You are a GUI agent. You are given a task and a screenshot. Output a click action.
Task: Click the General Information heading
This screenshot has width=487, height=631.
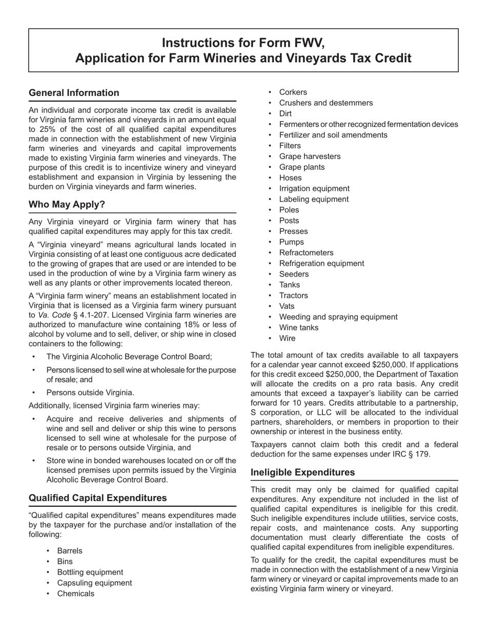click(x=74, y=93)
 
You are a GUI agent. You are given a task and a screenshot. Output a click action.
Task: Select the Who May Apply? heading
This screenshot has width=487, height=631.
click(x=67, y=205)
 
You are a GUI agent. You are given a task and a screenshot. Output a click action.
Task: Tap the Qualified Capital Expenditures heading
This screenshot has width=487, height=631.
click(x=97, y=498)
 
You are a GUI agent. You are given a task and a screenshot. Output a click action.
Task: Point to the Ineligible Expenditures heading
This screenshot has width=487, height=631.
click(x=302, y=472)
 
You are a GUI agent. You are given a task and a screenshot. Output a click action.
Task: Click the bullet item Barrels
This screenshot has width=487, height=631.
click(x=70, y=551)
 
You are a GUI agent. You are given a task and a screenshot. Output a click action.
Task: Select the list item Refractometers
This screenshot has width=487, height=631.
click(x=306, y=253)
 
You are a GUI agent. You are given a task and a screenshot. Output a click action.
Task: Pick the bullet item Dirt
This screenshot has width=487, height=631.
click(x=285, y=114)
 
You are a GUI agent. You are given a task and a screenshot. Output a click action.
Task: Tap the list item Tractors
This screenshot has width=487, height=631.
click(x=293, y=295)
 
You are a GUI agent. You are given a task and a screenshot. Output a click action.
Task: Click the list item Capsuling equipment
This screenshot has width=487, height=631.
click(x=94, y=583)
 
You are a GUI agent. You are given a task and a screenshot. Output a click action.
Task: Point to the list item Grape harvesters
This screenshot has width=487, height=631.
click(x=310, y=156)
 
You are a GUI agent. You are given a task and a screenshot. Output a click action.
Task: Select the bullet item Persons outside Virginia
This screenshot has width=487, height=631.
click(x=90, y=393)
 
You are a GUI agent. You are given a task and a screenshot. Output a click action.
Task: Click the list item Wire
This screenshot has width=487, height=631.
click(x=287, y=339)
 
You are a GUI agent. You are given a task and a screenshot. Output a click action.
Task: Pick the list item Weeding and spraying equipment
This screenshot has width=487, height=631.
click(x=338, y=317)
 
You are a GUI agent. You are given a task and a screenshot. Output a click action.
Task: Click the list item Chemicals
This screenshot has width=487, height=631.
click(x=75, y=594)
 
